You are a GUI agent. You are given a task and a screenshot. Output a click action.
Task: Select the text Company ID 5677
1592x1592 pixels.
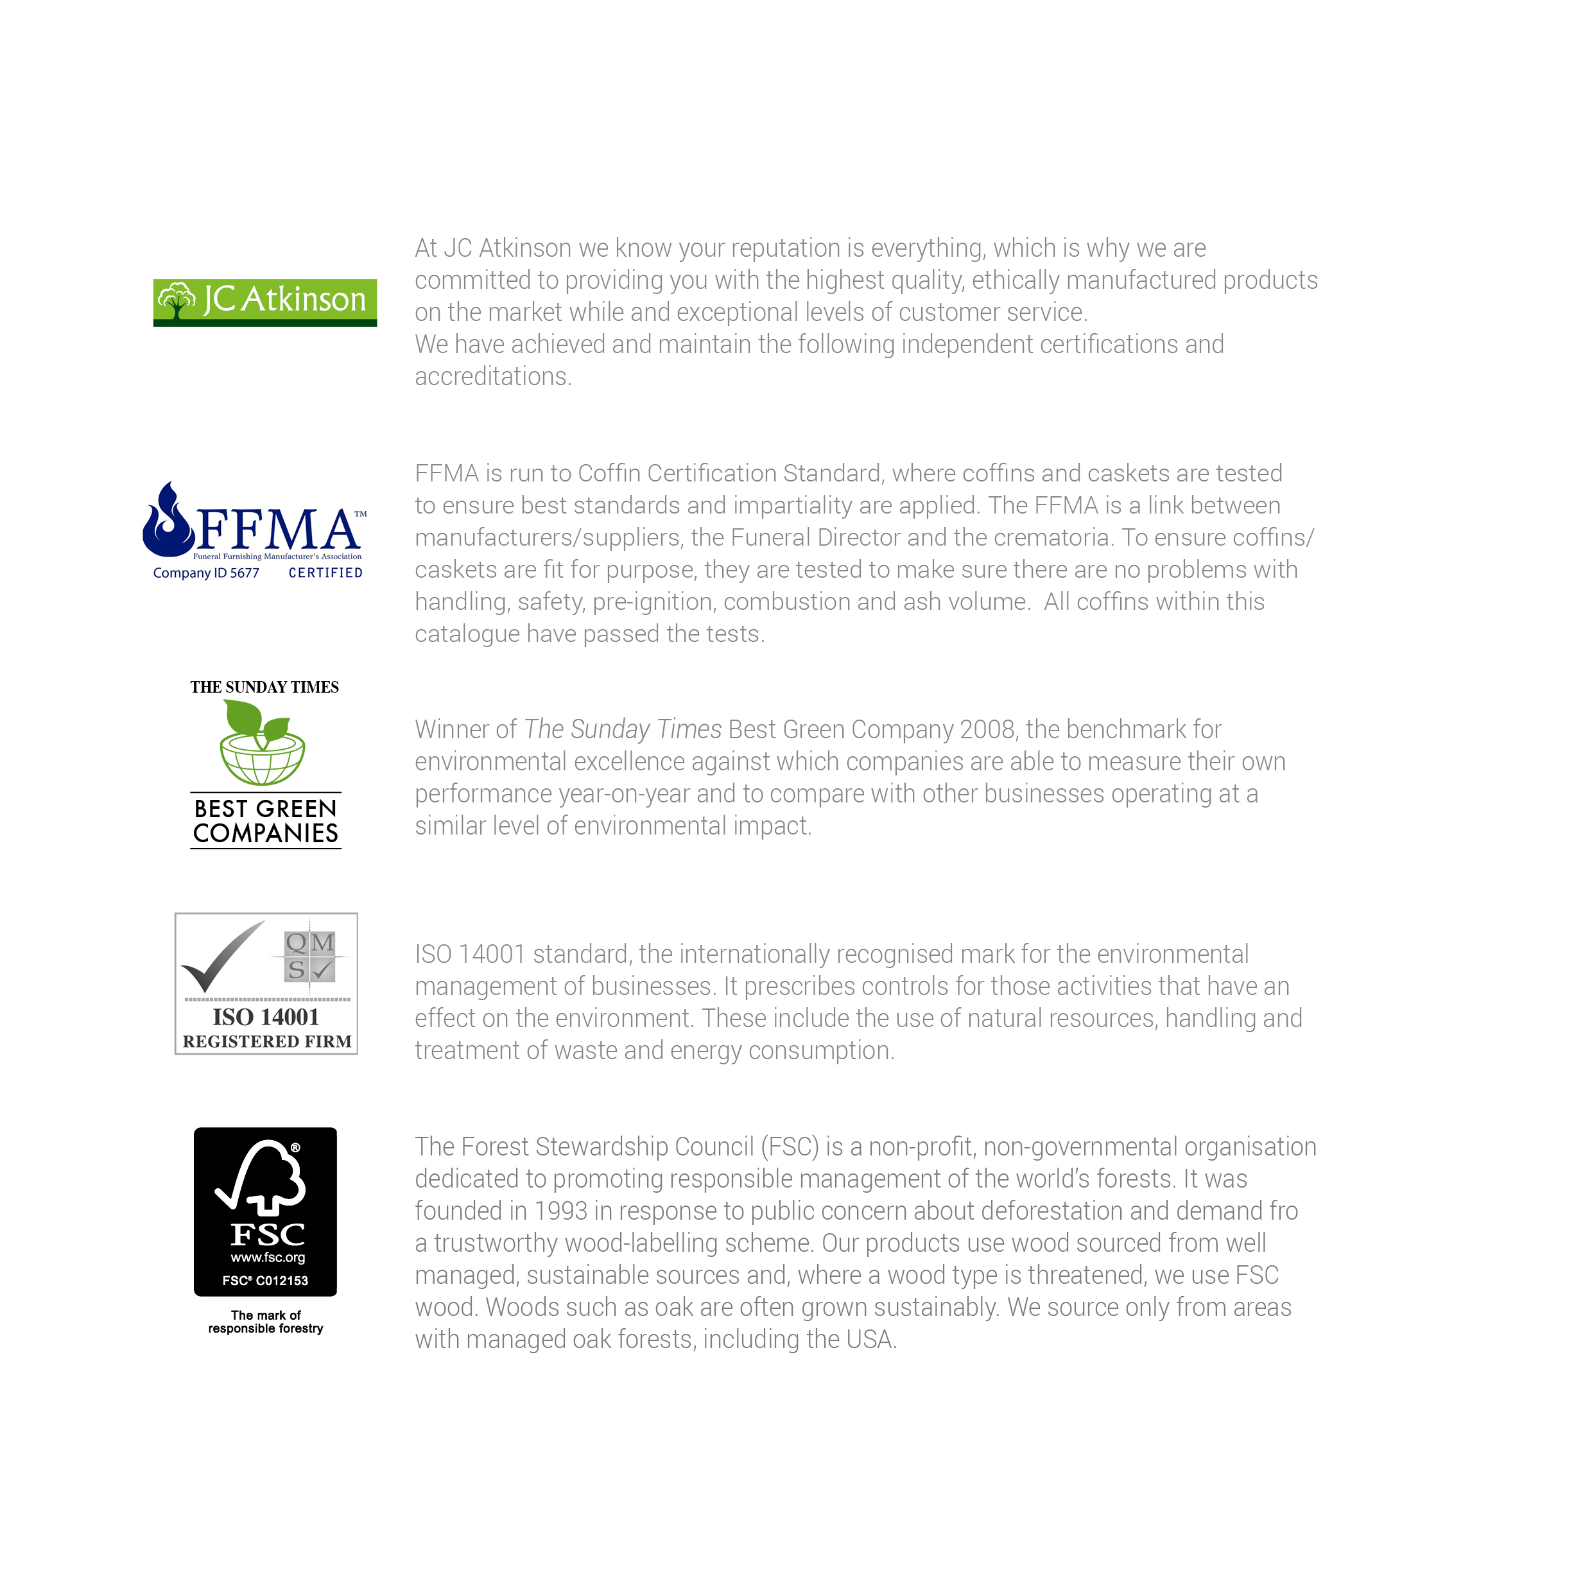[206, 573]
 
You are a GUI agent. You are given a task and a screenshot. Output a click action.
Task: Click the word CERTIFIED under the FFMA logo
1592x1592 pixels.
[325, 573]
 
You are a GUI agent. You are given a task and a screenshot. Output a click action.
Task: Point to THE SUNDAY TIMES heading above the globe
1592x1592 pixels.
[264, 688]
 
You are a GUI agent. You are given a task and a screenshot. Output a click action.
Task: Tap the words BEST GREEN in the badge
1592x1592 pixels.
[265, 808]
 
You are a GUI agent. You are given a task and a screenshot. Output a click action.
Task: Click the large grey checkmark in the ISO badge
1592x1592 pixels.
[219, 956]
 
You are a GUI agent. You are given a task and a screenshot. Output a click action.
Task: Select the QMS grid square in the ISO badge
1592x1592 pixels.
[310, 956]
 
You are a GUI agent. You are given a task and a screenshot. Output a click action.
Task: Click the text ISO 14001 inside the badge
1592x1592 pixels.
[265, 1017]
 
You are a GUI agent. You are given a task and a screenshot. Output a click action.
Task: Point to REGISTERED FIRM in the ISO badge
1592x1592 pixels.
[267, 1043]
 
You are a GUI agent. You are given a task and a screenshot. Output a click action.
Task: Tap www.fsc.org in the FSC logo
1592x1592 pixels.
[268, 1258]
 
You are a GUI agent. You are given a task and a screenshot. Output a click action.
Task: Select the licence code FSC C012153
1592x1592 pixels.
[265, 1281]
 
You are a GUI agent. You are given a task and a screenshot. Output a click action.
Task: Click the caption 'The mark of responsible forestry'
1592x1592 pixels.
[265, 1322]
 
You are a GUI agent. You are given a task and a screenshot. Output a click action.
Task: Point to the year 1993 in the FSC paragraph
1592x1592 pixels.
[560, 1211]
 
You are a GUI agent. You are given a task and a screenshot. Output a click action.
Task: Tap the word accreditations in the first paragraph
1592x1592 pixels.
[492, 377]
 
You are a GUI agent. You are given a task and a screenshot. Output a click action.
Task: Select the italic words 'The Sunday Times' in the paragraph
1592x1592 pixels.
[623, 730]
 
